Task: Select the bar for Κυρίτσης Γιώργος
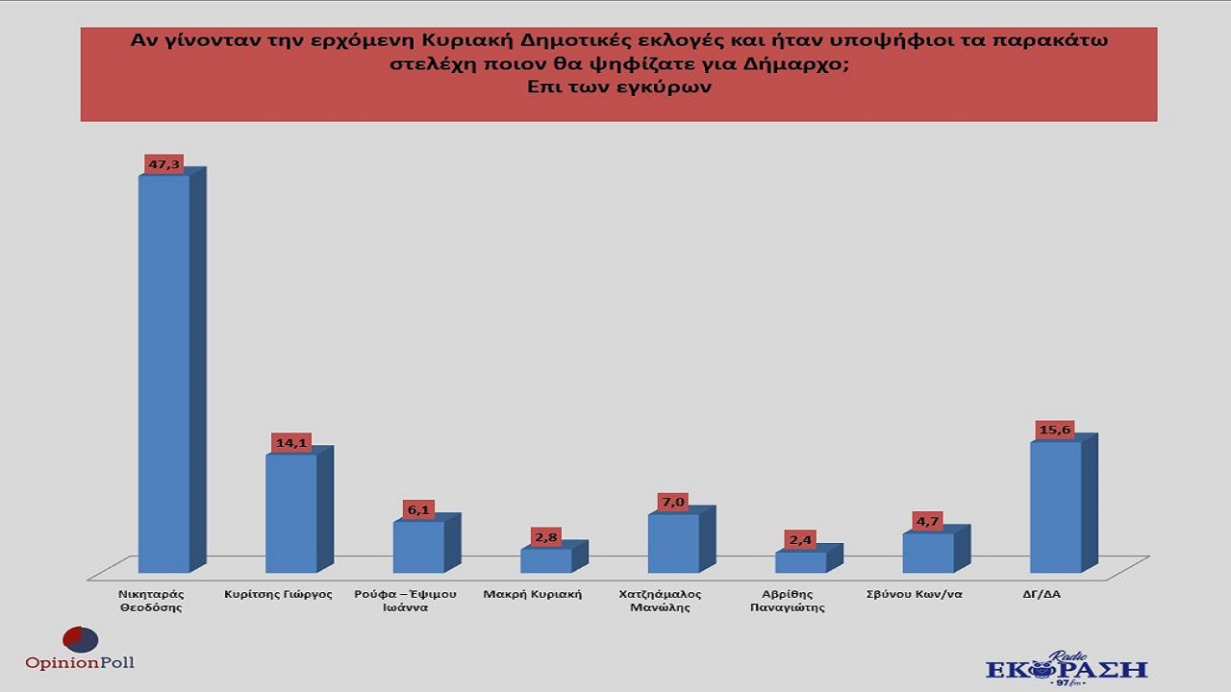coord(291,513)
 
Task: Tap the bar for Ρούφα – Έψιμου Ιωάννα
coord(418,547)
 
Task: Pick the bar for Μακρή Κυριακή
coord(546,560)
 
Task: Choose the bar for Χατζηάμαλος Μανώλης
coord(673,543)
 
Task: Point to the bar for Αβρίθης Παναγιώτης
coord(800,562)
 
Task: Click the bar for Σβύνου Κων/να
coord(928,553)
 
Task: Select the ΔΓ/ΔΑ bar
coord(1055,507)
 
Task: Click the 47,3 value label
coord(163,164)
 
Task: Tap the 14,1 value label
coord(289,443)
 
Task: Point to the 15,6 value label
coord(1053,430)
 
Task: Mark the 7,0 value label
coord(672,503)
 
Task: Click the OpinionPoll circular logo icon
coord(80,639)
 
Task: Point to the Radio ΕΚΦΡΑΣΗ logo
coord(1066,668)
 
